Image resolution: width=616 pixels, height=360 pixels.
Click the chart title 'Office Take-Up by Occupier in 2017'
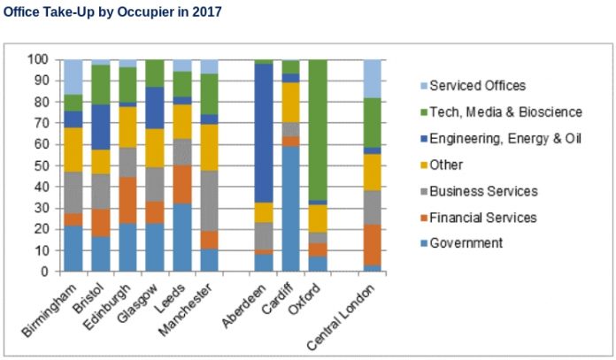point(112,11)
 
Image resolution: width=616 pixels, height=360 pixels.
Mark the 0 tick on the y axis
point(43,272)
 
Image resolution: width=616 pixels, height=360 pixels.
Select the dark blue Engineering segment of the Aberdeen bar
point(262,133)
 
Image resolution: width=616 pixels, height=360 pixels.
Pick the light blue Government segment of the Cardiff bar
point(289,209)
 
